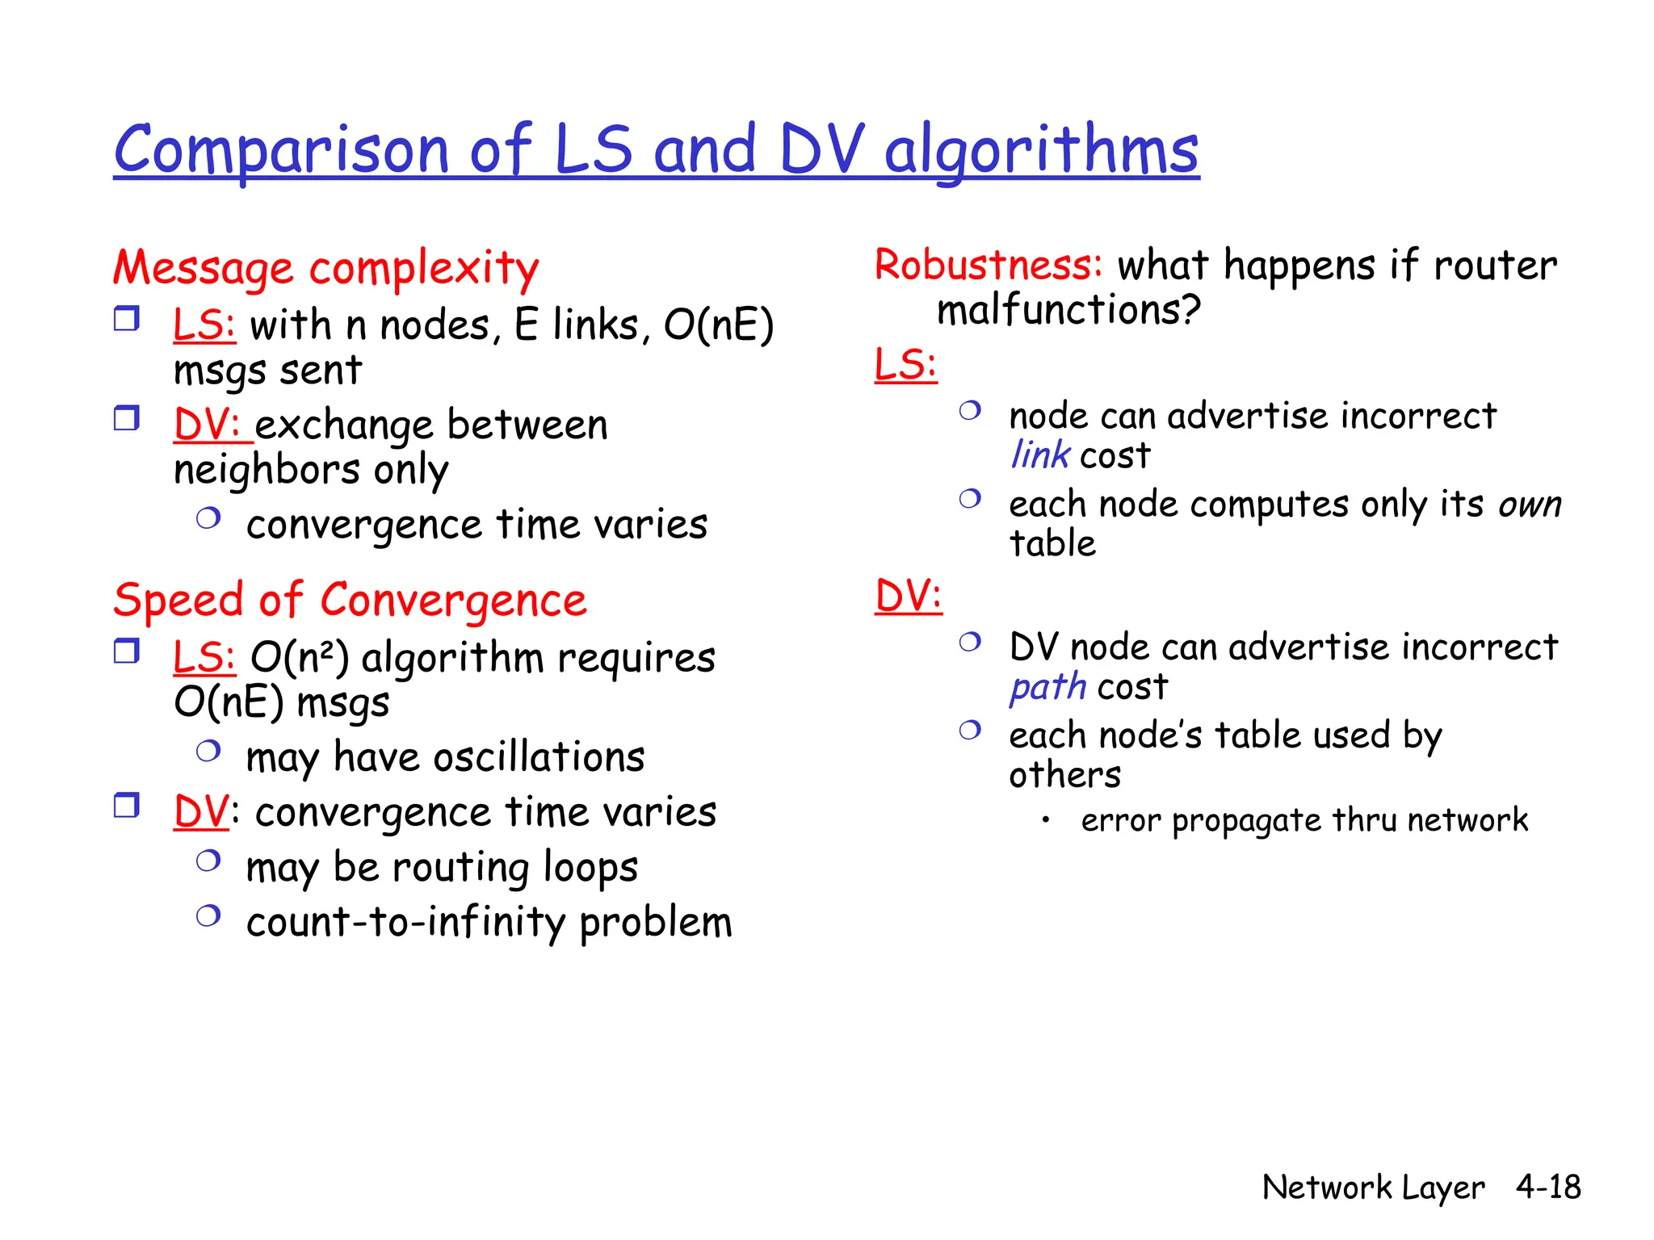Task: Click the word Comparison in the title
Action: (x=281, y=150)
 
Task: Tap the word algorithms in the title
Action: (x=1041, y=150)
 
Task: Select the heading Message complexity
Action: (x=325, y=268)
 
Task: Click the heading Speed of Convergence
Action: (x=350, y=601)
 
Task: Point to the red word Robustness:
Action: (x=989, y=265)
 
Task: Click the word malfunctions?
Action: (x=1068, y=310)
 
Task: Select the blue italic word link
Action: (x=1040, y=455)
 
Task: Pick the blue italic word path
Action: (x=1048, y=687)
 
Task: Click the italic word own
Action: (x=1529, y=505)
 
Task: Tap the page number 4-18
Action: (x=1547, y=1187)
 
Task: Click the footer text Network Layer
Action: (x=1373, y=1187)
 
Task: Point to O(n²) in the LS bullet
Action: (x=300, y=657)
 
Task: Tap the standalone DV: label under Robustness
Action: (x=909, y=597)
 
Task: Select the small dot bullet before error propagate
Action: (x=1045, y=820)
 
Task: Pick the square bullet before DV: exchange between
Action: (x=127, y=418)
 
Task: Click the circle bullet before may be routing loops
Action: (x=208, y=861)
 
